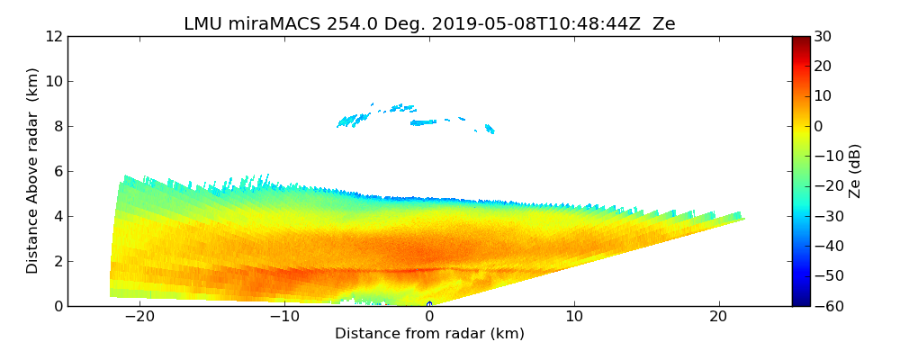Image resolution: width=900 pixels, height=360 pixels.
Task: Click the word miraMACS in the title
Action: (266, 24)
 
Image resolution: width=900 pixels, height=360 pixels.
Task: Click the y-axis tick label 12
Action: (53, 36)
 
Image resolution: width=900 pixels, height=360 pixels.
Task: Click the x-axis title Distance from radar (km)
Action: (429, 334)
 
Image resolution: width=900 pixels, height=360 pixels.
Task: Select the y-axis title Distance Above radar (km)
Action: (33, 170)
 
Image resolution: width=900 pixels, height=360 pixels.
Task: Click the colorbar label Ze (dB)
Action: (855, 170)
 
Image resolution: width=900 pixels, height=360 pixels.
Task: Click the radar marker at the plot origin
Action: (429, 304)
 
